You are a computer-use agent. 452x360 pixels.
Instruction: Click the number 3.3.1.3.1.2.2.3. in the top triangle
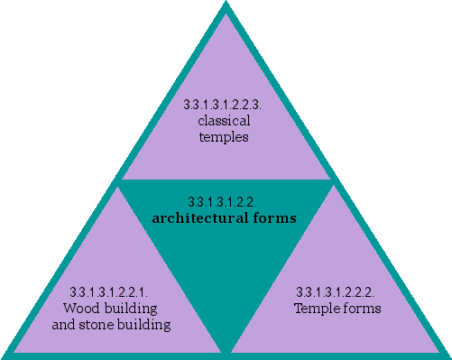pos(224,105)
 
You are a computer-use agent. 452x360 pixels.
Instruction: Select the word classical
pos(224,120)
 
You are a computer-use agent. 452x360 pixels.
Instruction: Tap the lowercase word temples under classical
pos(224,137)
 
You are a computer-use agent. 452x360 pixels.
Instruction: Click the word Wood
pos(79,309)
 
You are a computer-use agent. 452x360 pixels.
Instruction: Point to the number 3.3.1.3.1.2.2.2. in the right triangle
pos(337,292)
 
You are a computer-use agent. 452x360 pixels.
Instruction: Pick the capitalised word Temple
pos(315,309)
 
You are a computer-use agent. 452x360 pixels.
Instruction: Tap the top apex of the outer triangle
pos(226,5)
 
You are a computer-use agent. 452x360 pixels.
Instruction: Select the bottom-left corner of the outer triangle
pos(5,355)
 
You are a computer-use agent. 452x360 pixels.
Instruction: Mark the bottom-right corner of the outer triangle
pos(447,355)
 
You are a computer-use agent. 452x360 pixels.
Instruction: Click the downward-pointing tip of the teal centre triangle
pos(226,346)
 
